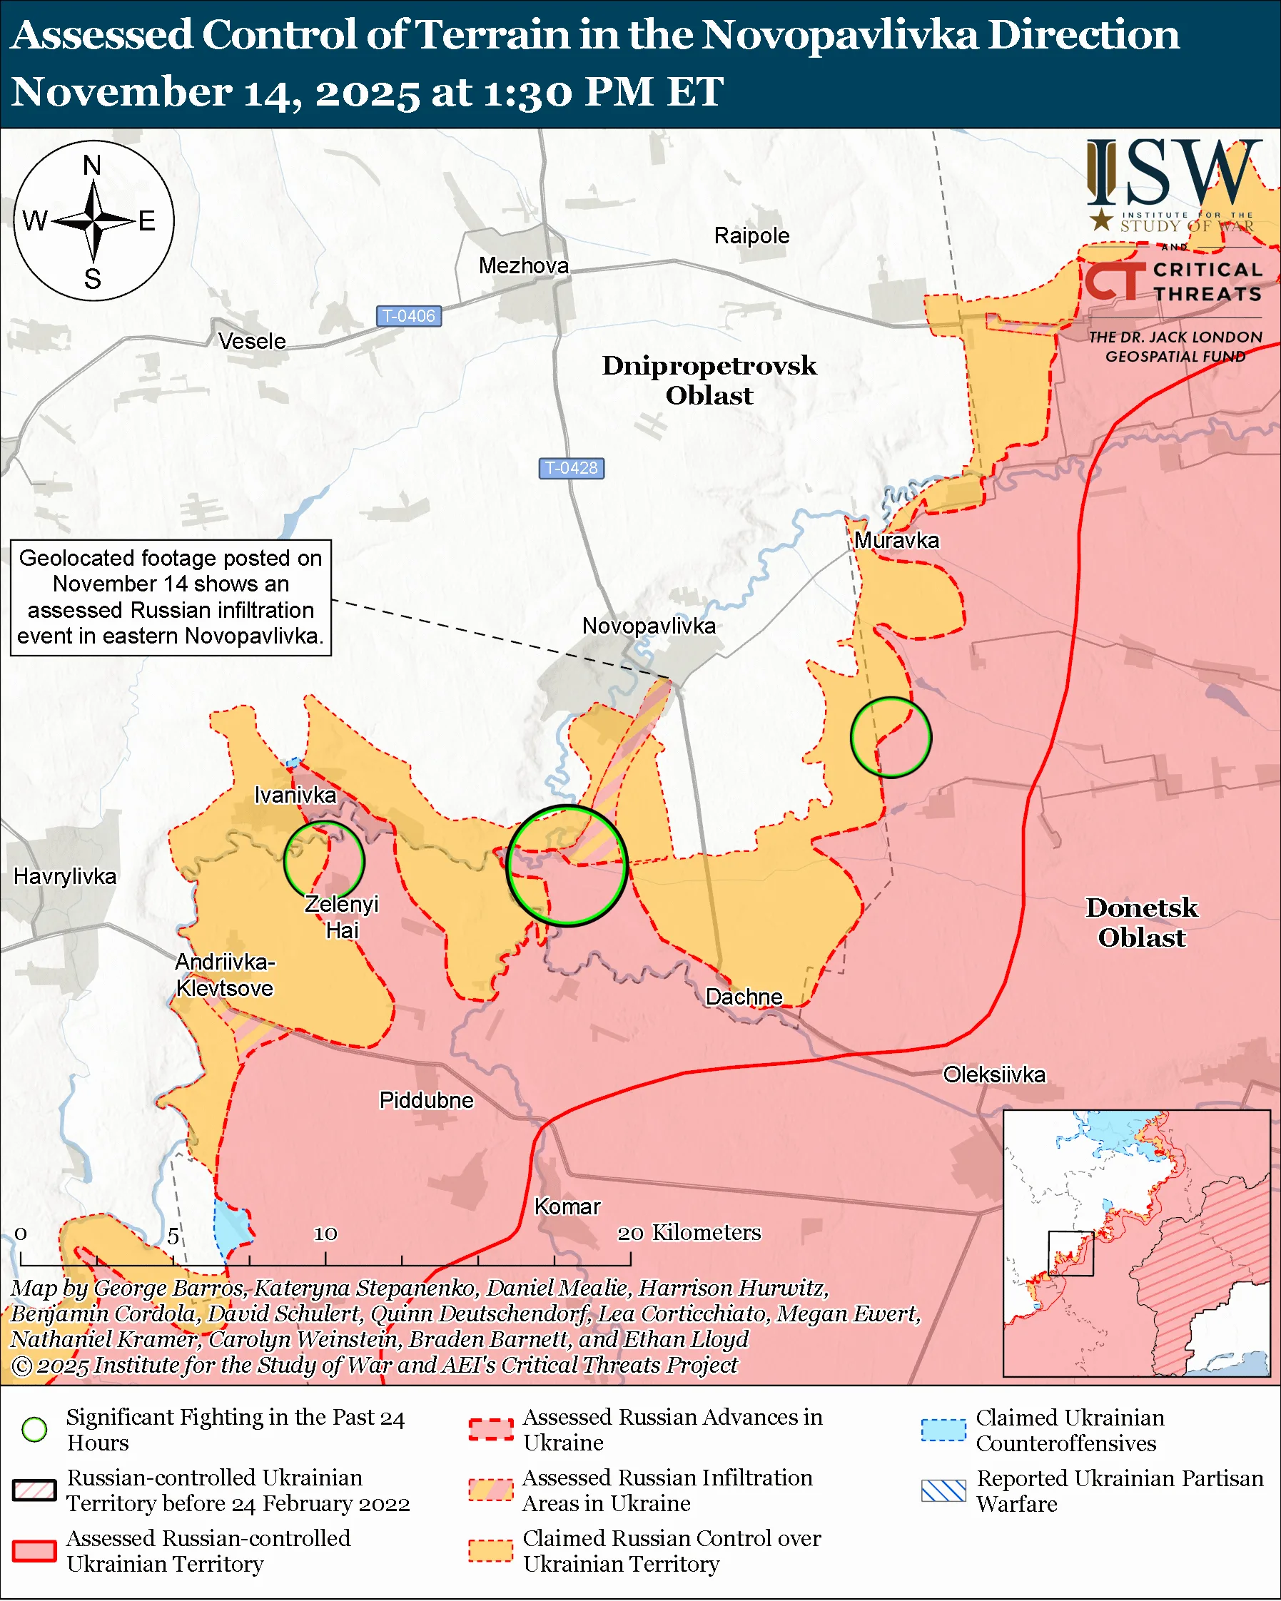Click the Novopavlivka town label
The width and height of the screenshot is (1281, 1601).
(648, 626)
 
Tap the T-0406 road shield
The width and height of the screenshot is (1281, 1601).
(408, 315)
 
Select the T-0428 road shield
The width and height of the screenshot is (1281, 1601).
(570, 468)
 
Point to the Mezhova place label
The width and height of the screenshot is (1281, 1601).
(524, 265)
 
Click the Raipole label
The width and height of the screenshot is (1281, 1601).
(751, 235)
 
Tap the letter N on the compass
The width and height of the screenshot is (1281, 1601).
(92, 165)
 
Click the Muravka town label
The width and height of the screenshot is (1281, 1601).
(896, 540)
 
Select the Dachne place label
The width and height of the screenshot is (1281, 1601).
(744, 997)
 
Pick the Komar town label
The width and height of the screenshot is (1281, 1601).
(567, 1206)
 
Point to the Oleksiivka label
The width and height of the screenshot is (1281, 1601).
(993, 1074)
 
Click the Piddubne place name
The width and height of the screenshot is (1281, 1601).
(425, 1099)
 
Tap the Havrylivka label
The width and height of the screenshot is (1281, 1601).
(65, 876)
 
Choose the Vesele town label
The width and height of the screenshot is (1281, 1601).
(252, 341)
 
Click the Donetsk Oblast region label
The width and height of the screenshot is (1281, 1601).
(1141, 923)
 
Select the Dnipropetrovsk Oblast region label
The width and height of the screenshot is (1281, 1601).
(709, 380)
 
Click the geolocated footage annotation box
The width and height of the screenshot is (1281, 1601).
(170, 597)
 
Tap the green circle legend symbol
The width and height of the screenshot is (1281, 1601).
(34, 1430)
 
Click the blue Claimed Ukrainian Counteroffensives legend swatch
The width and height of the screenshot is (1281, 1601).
(943, 1430)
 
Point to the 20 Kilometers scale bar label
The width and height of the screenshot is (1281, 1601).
(689, 1233)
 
